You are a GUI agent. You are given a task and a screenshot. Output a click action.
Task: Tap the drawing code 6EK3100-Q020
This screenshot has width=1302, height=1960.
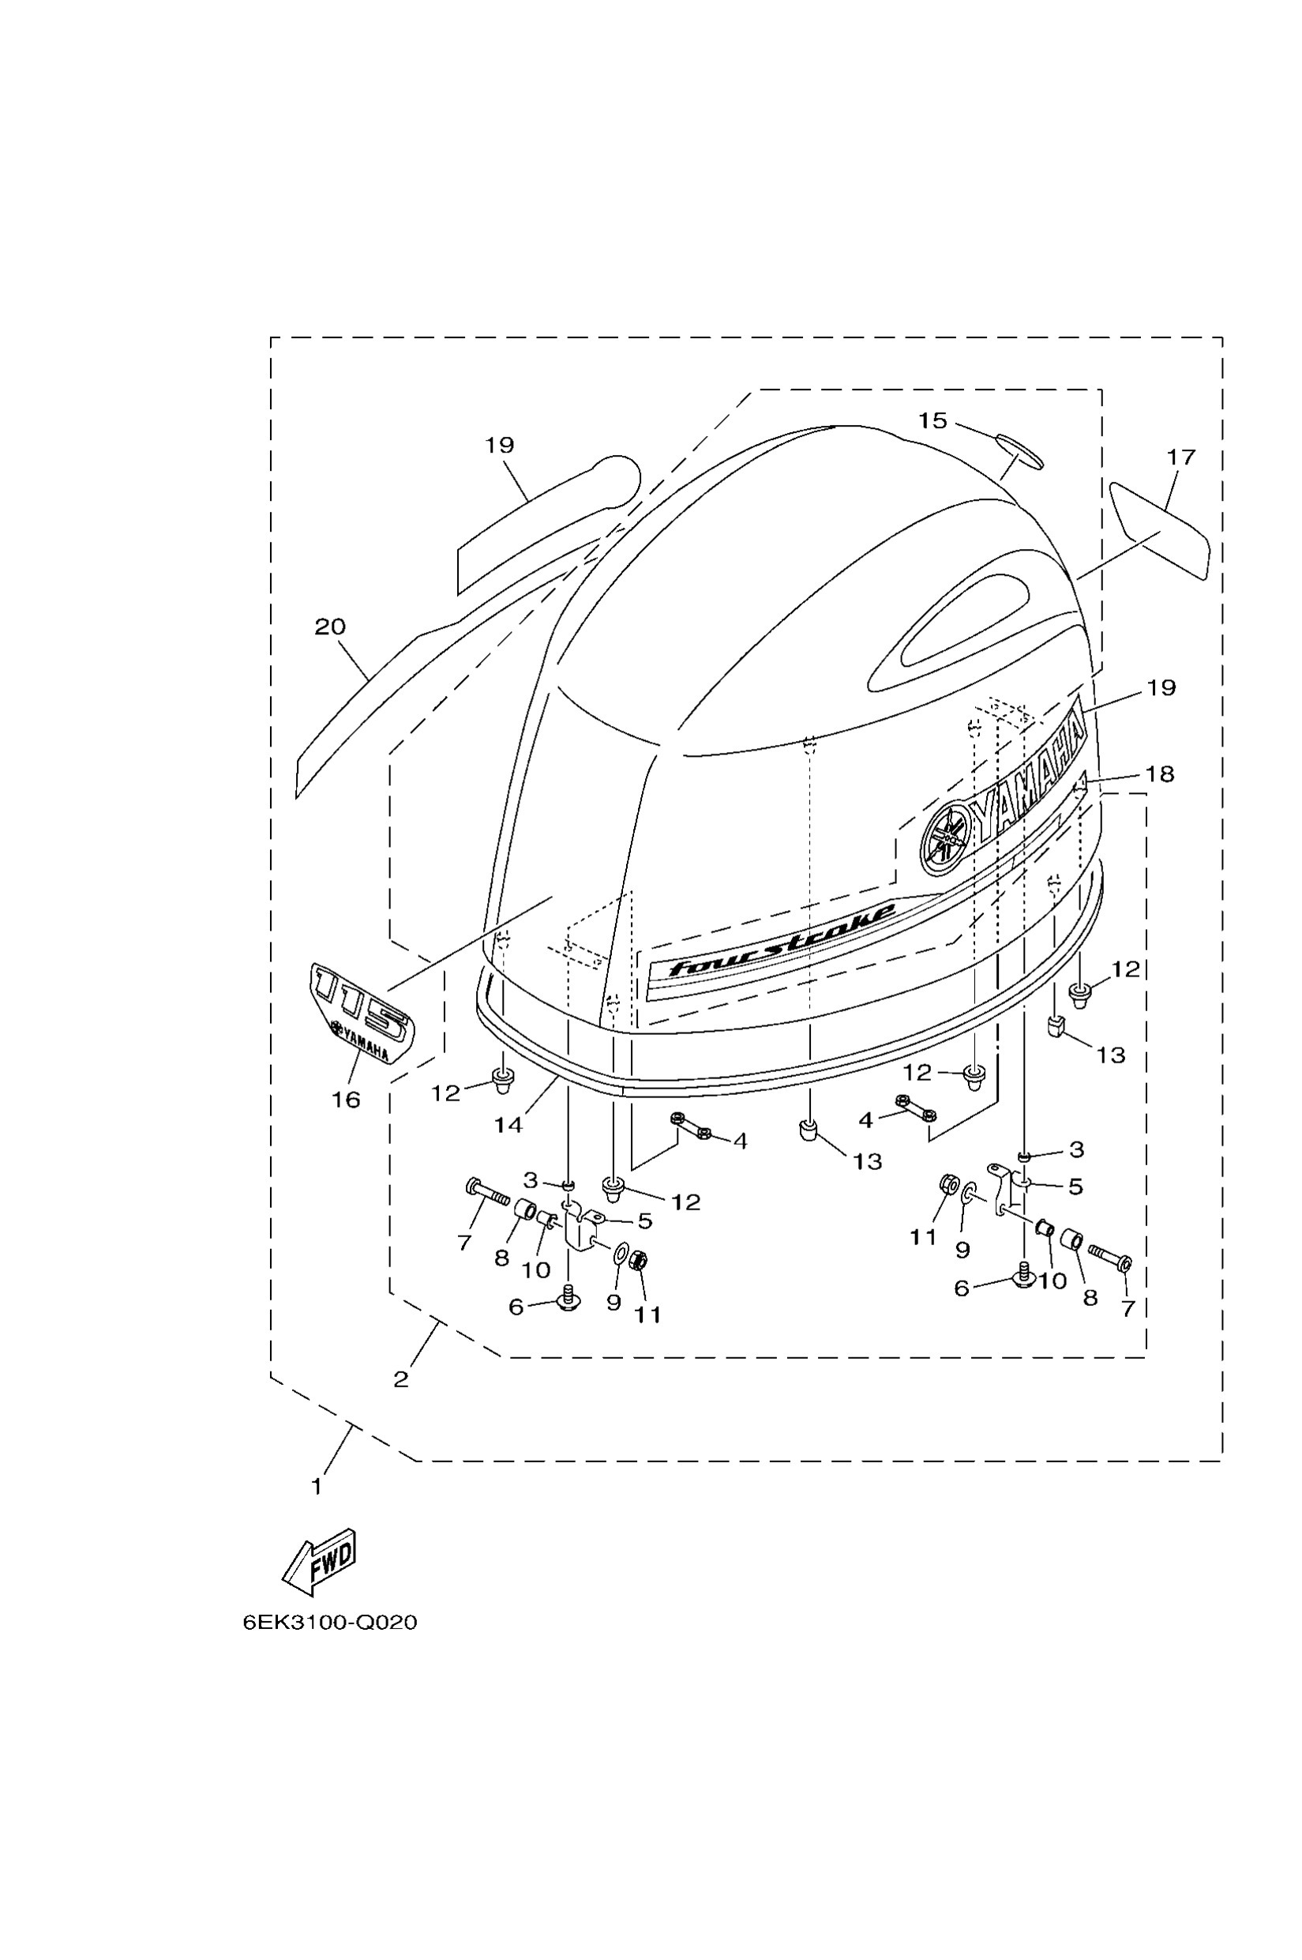click(330, 1622)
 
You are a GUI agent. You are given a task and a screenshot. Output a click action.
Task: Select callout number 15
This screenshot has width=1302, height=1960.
click(932, 421)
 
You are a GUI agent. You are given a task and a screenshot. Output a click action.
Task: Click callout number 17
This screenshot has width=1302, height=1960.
click(1180, 457)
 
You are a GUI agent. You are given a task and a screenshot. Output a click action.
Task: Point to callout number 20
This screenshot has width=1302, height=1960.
click(330, 626)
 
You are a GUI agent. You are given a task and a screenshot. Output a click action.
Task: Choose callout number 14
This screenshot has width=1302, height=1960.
click(508, 1125)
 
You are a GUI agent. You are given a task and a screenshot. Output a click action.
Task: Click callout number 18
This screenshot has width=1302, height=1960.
click(1159, 774)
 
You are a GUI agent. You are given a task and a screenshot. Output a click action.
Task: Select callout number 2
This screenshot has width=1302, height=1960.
click(401, 1380)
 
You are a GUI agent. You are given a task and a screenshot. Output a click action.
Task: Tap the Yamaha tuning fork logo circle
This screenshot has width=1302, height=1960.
click(947, 839)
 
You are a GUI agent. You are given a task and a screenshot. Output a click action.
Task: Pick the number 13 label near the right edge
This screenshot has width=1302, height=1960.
click(1110, 1055)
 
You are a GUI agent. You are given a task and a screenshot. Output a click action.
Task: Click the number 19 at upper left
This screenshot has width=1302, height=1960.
click(500, 446)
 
